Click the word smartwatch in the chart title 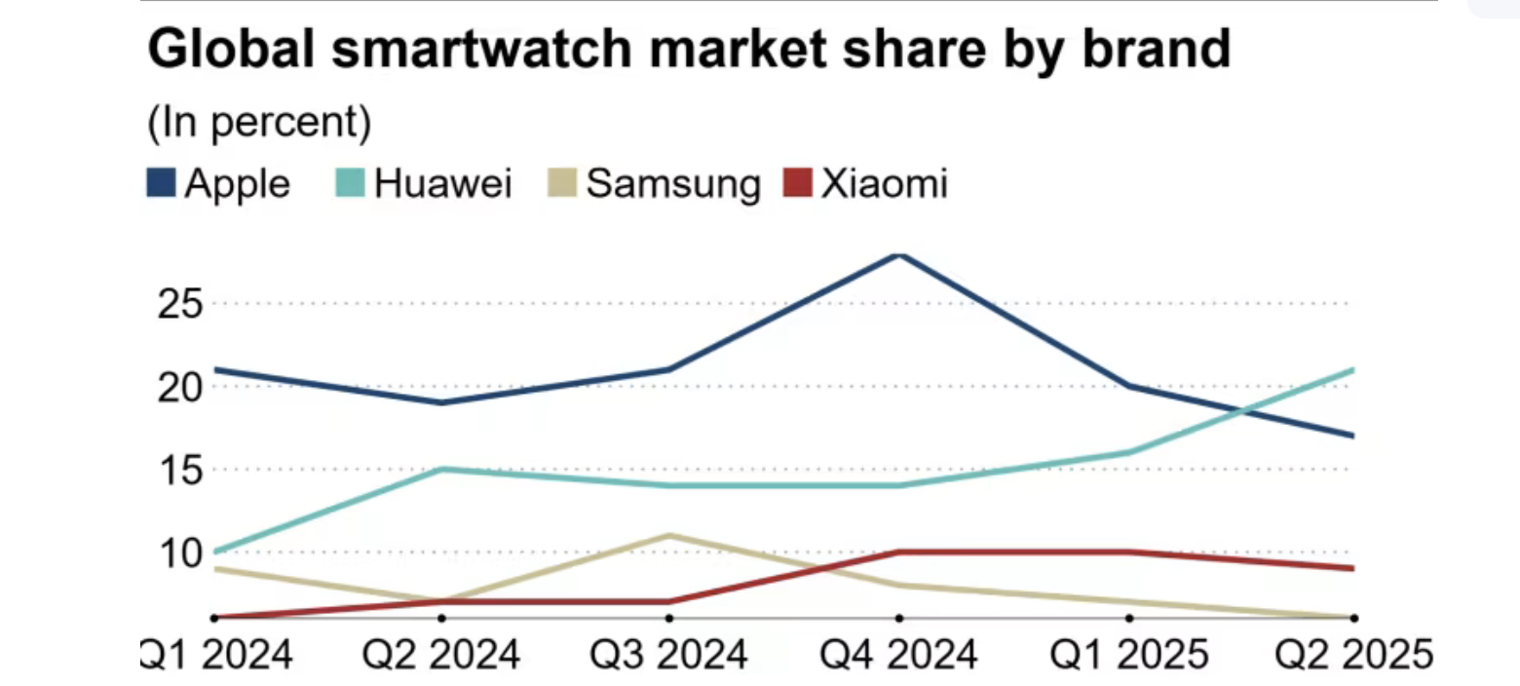pyautogui.click(x=473, y=50)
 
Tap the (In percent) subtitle pyautogui.click(x=260, y=124)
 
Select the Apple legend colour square pyautogui.click(x=161, y=183)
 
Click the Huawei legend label pyautogui.click(x=443, y=183)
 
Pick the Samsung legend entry pyautogui.click(x=672, y=183)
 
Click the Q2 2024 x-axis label pyautogui.click(x=440, y=653)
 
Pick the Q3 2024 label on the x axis pyautogui.click(x=668, y=653)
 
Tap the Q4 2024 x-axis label pyautogui.click(x=898, y=653)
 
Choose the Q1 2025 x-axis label pyautogui.click(x=1127, y=653)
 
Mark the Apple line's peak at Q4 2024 pyautogui.click(x=899, y=254)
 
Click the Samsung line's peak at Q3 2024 pyautogui.click(x=669, y=535)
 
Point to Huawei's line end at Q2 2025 pyautogui.click(x=1353, y=370)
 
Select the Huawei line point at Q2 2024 pyautogui.click(x=441, y=469)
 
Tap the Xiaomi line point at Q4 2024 pyautogui.click(x=899, y=552)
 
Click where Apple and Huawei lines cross pyautogui.click(x=1242, y=411)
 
